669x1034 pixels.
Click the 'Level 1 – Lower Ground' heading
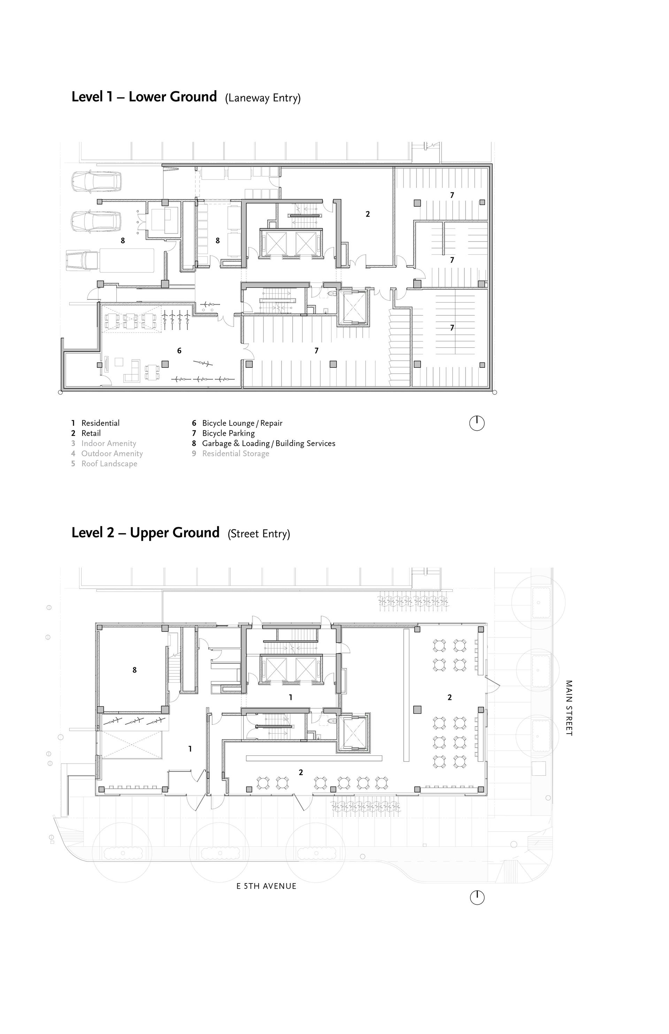[144, 97]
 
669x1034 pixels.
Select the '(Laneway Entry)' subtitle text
[263, 98]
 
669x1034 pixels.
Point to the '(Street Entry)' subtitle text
[259, 534]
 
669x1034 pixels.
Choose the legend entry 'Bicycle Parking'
[229, 433]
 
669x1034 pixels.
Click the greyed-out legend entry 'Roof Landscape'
[109, 464]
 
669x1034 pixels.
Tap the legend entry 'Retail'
[91, 433]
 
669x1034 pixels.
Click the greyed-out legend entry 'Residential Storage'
[236, 453]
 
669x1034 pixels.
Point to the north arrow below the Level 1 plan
[477, 423]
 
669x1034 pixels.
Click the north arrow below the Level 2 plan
[477, 898]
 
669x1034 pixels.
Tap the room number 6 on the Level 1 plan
[179, 351]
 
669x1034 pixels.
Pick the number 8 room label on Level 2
[134, 670]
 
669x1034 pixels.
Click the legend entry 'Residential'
[100, 423]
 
